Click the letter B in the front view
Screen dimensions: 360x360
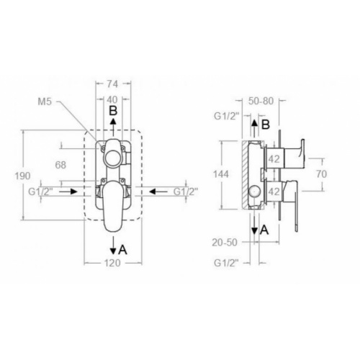(x=113, y=112)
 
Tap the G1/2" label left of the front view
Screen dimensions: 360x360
(x=41, y=192)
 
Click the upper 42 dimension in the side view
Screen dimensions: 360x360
(x=274, y=161)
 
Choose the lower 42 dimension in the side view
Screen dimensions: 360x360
(x=274, y=192)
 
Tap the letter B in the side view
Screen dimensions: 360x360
(x=265, y=125)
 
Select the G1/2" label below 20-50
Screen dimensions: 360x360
(x=226, y=264)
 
